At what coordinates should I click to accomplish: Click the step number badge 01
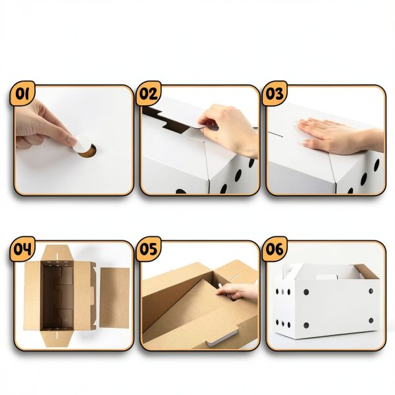(22, 93)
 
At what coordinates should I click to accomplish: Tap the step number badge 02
(149, 93)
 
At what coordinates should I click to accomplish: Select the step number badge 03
(275, 93)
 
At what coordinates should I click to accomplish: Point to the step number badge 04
(22, 249)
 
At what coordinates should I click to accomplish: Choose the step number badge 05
(149, 249)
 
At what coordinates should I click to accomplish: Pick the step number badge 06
(275, 249)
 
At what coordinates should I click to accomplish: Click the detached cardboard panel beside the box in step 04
(115, 298)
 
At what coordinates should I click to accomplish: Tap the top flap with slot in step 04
(57, 253)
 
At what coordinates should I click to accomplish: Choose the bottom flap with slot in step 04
(57, 338)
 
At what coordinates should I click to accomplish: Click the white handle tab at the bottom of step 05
(222, 338)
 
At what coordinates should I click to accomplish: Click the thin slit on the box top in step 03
(275, 134)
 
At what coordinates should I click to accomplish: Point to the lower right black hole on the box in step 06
(371, 321)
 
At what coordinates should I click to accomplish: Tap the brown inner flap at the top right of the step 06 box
(367, 271)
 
